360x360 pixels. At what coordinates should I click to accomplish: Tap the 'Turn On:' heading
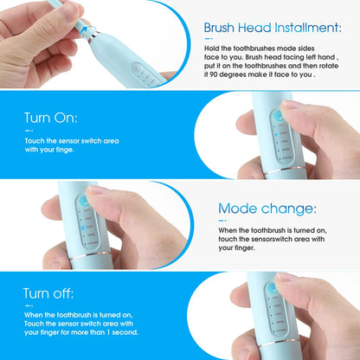(51, 117)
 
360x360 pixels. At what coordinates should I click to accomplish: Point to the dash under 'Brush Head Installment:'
(210, 39)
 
